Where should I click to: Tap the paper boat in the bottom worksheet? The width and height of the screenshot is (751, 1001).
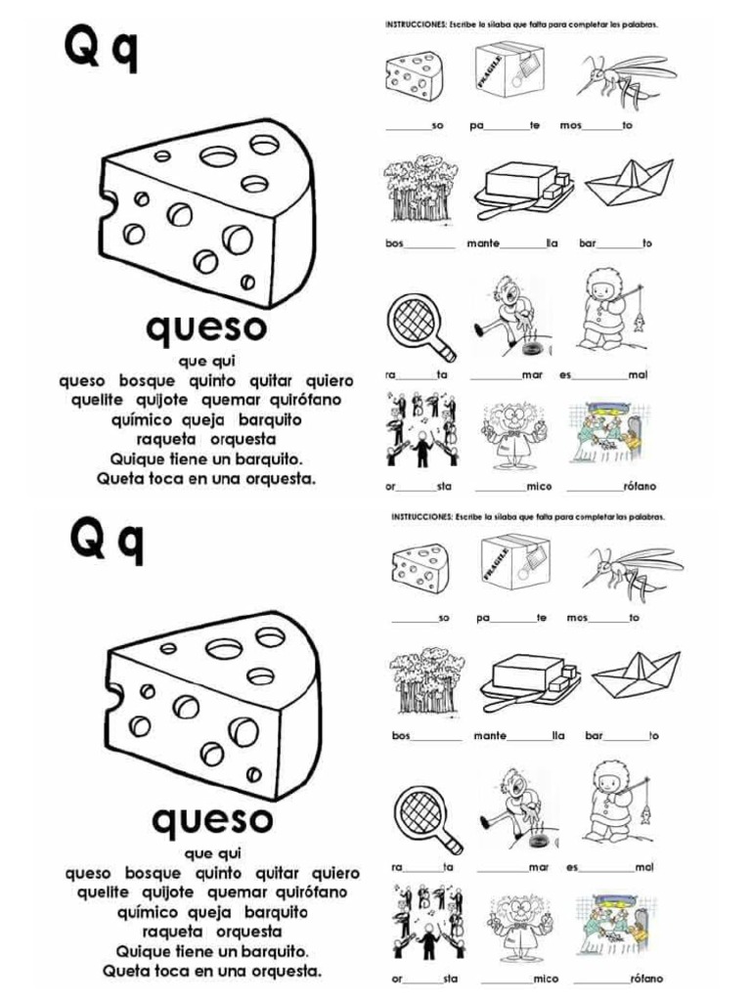(x=637, y=675)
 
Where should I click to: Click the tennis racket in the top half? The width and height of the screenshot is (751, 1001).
(x=420, y=326)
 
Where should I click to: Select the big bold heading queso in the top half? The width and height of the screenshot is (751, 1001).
(x=205, y=327)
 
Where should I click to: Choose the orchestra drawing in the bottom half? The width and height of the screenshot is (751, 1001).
(x=427, y=922)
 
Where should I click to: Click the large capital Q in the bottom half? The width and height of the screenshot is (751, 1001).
(x=88, y=541)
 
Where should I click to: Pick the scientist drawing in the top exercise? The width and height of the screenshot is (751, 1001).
(x=513, y=430)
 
